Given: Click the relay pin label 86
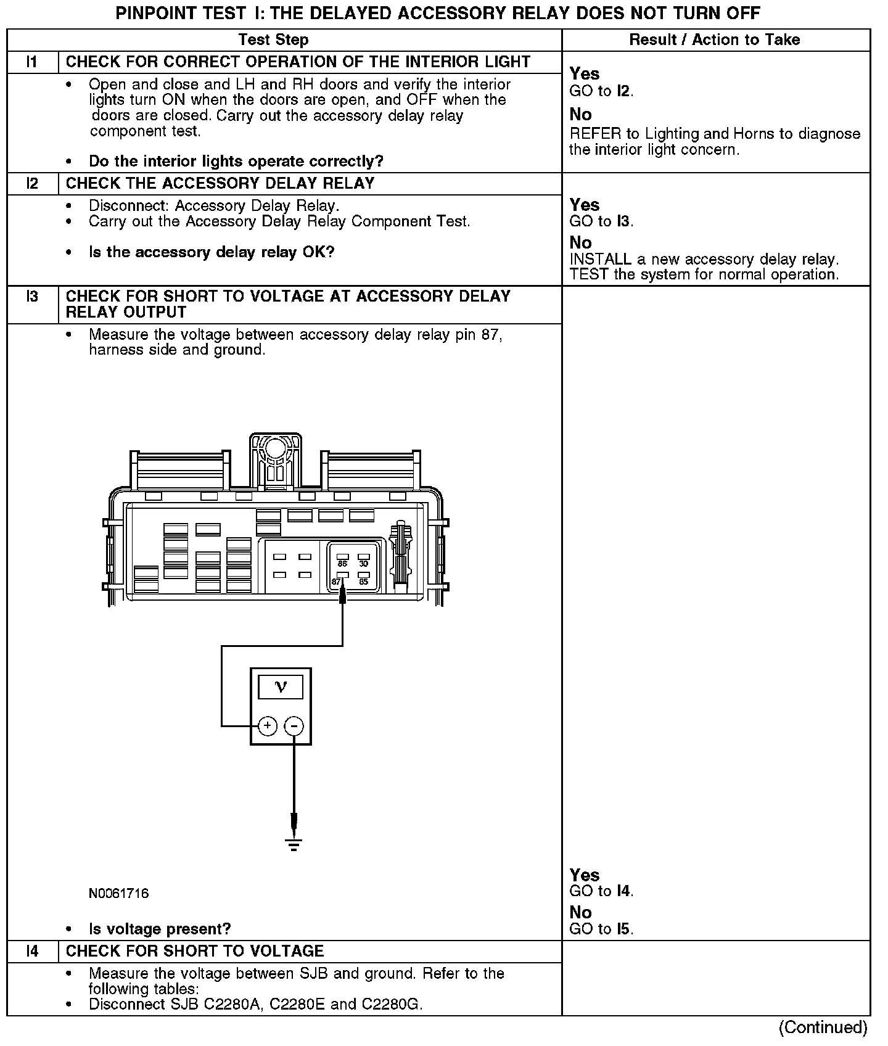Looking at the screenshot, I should pyautogui.click(x=342, y=564).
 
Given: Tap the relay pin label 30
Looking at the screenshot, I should pyautogui.click(x=363, y=564).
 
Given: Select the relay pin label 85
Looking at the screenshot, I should pyautogui.click(x=363, y=582).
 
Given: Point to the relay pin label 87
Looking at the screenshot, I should pyautogui.click(x=336, y=582).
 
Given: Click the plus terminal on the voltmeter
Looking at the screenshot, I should pyautogui.click(x=267, y=726).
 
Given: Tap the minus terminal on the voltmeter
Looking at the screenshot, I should pyautogui.click(x=294, y=726).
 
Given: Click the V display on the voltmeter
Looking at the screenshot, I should pyautogui.click(x=281, y=687).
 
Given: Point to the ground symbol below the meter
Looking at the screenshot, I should pyautogui.click(x=294, y=845).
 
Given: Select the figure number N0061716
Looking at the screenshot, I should pyautogui.click(x=118, y=893).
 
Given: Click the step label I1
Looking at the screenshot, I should pyautogui.click(x=32, y=62).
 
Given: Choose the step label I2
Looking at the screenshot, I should pyautogui.click(x=32, y=183).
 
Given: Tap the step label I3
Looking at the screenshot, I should pyautogui.click(x=32, y=297).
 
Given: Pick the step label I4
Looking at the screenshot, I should pyautogui.click(x=32, y=951).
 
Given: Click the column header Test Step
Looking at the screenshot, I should pyautogui.click(x=273, y=40).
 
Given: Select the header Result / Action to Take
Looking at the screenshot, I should pyautogui.click(x=715, y=40).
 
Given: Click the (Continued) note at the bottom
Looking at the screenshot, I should pyautogui.click(x=823, y=1027).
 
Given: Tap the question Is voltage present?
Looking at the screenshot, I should pyautogui.click(x=160, y=929).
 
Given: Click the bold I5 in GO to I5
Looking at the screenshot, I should pyautogui.click(x=624, y=929).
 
